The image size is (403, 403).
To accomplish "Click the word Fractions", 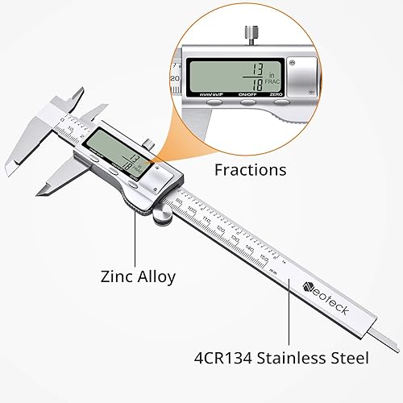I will tap(250, 170).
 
